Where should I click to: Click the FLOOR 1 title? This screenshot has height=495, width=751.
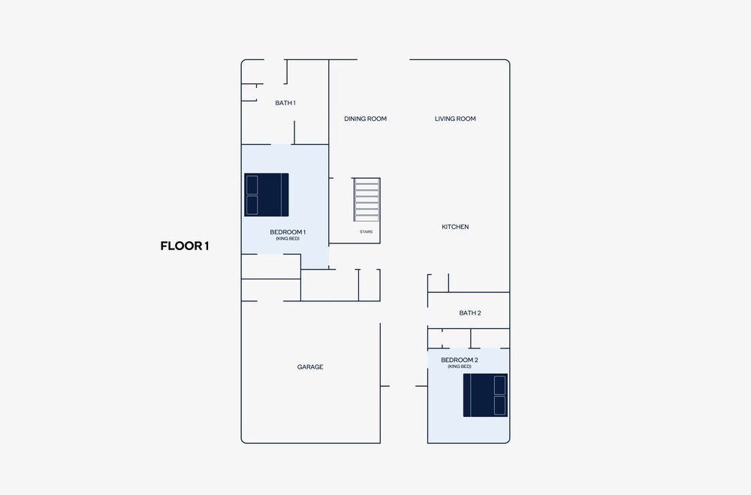point(185,246)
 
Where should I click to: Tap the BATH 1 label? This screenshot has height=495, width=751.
point(285,103)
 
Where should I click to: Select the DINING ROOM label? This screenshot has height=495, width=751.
point(366,119)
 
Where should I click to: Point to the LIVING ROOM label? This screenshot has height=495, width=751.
point(456,119)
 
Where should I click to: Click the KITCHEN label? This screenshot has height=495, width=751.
point(456,227)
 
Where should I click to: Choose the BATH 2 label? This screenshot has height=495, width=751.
point(470,313)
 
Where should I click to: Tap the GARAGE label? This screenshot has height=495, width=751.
point(310,367)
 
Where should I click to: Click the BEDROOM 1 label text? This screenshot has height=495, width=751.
point(288,232)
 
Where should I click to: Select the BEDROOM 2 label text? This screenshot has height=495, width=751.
point(460,360)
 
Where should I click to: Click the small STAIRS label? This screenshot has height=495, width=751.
point(366,232)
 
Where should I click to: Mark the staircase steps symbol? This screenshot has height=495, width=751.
point(367,200)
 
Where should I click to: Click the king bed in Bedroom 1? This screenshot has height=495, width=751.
point(267,195)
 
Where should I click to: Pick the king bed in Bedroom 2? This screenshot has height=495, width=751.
point(485,395)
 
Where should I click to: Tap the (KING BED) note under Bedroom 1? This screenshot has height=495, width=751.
point(288,239)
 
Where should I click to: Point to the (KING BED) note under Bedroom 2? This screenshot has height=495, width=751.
point(460,367)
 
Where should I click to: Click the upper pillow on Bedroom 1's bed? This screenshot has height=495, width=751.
point(252,185)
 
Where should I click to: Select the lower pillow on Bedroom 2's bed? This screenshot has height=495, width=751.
point(499,406)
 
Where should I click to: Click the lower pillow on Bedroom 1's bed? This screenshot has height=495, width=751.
point(252,205)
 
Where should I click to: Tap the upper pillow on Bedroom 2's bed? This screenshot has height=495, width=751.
point(499,385)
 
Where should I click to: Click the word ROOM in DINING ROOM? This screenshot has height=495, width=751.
point(377,119)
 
